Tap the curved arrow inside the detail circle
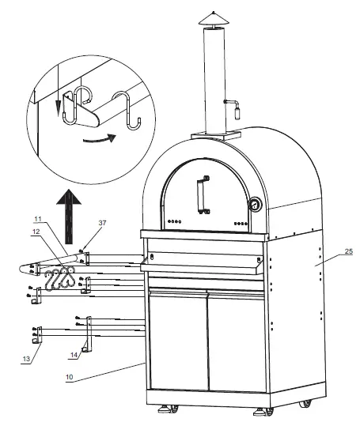click(x=100, y=141)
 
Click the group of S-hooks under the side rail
click(x=59, y=278)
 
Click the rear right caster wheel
click(x=306, y=403)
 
